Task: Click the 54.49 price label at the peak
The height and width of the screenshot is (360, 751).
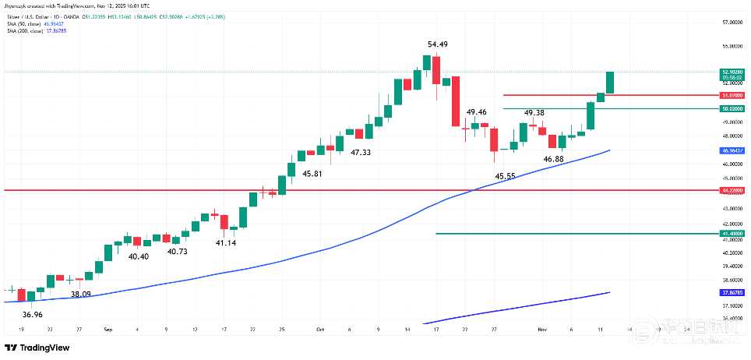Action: click(x=437, y=44)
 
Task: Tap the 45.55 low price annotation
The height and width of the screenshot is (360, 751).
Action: click(x=506, y=176)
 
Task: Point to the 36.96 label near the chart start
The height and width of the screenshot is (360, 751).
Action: click(x=32, y=314)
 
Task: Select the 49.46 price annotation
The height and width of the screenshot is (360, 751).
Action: click(x=476, y=112)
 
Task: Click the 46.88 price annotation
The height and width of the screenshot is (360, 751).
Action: click(x=553, y=159)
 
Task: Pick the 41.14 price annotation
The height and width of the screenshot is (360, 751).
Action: click(x=226, y=243)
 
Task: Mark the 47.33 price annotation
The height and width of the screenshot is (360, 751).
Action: click(x=360, y=153)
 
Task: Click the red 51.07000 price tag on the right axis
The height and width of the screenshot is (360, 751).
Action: click(x=732, y=95)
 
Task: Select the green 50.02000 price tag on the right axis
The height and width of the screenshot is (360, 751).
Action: click(x=732, y=108)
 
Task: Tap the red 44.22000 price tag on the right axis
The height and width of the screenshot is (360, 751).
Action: click(x=732, y=190)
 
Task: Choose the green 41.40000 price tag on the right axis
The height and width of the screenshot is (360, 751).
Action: click(x=732, y=233)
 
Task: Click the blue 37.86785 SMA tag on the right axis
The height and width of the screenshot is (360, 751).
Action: click(x=732, y=293)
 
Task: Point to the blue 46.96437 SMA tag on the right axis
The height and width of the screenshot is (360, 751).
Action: click(x=732, y=150)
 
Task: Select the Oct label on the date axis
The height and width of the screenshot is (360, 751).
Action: click(x=319, y=330)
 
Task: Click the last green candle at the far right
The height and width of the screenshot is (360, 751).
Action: click(x=610, y=83)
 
